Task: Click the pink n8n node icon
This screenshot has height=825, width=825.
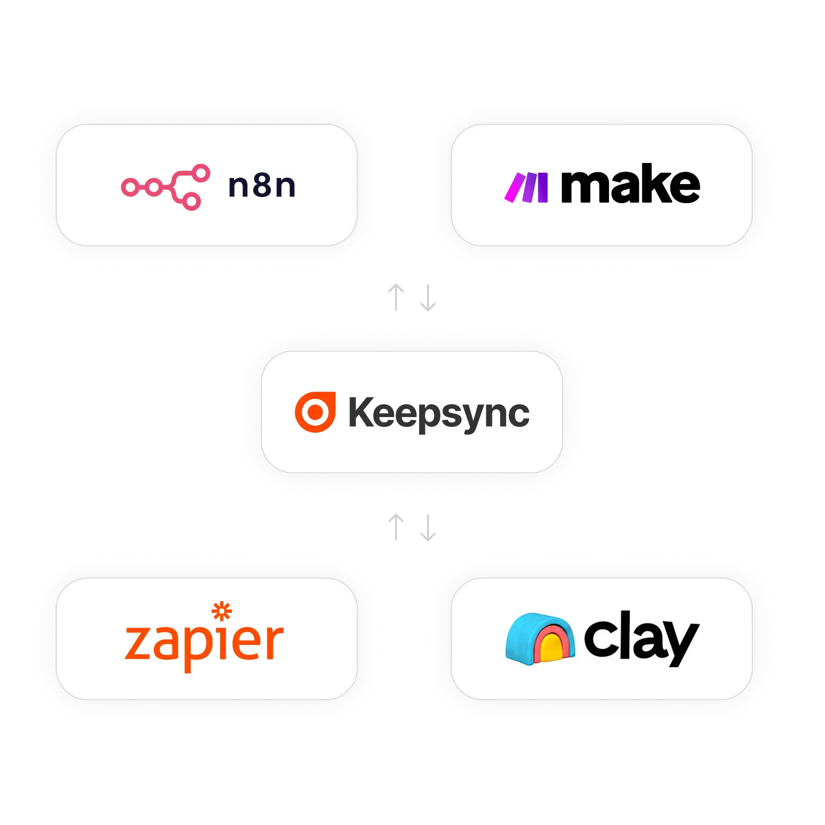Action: pyautogui.click(x=165, y=187)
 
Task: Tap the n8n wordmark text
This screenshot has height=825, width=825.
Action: pyautogui.click(x=262, y=186)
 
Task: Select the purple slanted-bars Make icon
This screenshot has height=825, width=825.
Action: pyautogui.click(x=526, y=188)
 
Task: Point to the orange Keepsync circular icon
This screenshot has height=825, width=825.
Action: pyautogui.click(x=315, y=412)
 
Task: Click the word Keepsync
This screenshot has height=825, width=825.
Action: pyautogui.click(x=439, y=413)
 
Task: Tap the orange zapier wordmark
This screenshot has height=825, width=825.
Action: pyautogui.click(x=204, y=642)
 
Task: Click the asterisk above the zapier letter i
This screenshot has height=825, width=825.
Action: pyautogui.click(x=222, y=612)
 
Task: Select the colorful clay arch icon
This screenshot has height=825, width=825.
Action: pyautogui.click(x=540, y=637)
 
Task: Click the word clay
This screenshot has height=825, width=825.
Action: pyautogui.click(x=641, y=637)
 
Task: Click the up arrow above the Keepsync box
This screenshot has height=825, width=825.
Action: pyautogui.click(x=396, y=297)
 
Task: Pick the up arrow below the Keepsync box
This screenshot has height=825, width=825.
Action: pyautogui.click(x=396, y=526)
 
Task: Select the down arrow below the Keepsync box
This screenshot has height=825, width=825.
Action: pyautogui.click(x=427, y=528)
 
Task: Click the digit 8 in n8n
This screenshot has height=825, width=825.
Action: pyautogui.click(x=262, y=186)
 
